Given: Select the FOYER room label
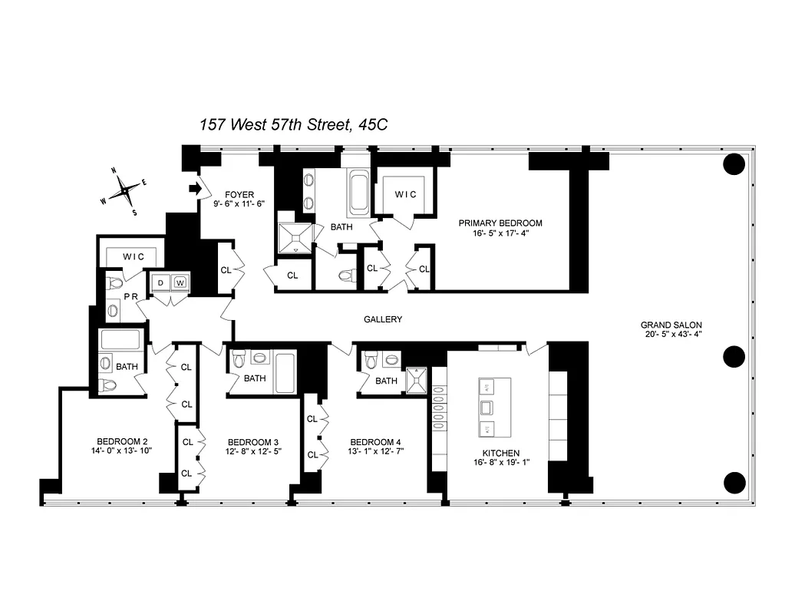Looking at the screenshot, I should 239,195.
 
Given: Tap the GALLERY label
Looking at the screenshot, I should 382,319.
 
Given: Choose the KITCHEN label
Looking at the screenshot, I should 501,454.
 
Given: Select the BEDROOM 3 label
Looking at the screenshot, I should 252,442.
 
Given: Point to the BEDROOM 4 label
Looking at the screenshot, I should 375,442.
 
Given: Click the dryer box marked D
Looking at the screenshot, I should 160,282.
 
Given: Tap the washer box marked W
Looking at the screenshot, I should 180,282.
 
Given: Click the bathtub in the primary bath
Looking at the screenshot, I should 358,195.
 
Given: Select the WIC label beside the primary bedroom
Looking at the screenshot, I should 406,195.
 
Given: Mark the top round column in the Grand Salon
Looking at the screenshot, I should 734,163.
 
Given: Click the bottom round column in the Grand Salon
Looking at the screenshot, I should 734,482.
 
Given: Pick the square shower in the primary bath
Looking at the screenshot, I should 295,238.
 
